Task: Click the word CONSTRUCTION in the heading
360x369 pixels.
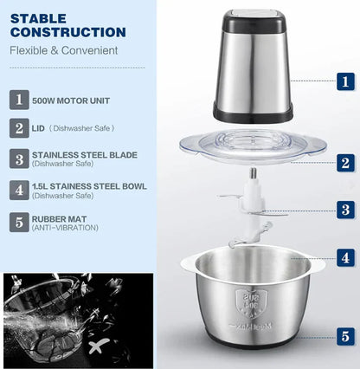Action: point(68,32)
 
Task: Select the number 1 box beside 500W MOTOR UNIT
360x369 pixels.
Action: point(18,99)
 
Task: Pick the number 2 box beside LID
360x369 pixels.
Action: point(18,128)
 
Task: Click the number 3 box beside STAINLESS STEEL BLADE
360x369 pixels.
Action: point(18,158)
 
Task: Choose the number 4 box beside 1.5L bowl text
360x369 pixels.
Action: point(18,188)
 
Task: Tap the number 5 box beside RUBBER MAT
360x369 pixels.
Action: point(18,222)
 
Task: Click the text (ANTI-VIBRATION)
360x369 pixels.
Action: point(65,228)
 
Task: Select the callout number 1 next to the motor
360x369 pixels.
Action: point(345,82)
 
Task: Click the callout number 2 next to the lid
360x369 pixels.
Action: point(345,162)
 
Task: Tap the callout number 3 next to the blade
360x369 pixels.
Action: point(345,209)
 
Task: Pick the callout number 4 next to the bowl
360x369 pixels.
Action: point(345,257)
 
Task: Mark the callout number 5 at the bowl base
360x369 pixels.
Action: point(345,336)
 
